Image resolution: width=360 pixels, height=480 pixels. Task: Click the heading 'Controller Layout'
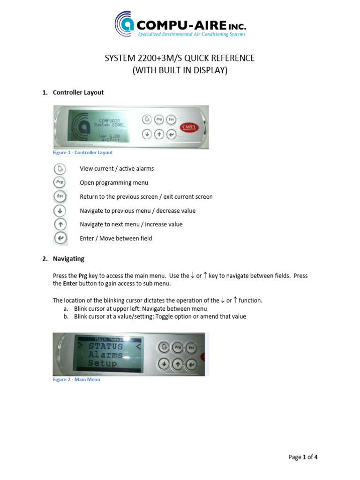[x=78, y=92]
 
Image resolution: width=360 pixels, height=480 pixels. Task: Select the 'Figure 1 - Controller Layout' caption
[x=82, y=153]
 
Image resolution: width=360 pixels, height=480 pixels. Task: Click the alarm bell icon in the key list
[x=60, y=169]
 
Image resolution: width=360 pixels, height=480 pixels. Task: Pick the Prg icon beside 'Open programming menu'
[x=60, y=182]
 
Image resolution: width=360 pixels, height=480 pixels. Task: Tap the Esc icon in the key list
[x=60, y=196]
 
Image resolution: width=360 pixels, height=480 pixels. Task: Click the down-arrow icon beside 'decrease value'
[x=60, y=210]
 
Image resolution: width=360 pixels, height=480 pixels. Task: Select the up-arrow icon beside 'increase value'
[x=60, y=224]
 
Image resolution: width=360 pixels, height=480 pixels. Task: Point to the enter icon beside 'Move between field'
[x=60, y=238]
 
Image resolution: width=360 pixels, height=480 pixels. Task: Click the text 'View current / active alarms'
[x=117, y=169]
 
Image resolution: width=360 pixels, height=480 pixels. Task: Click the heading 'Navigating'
[x=68, y=259]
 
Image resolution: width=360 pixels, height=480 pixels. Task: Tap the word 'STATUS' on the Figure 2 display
[x=105, y=346]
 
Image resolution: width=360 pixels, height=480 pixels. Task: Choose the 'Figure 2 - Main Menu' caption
[x=76, y=380]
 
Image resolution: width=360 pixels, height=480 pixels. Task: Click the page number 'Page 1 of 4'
[x=303, y=457]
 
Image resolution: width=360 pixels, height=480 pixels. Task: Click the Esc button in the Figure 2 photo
[x=191, y=347]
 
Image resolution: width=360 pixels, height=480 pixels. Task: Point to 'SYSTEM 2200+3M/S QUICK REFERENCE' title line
[x=180, y=58]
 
